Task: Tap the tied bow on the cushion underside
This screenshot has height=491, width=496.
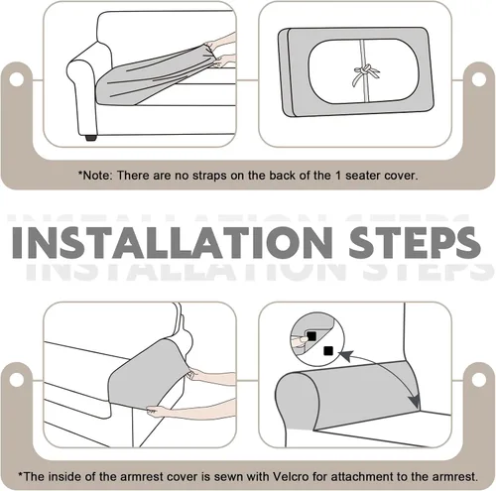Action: tap(365, 73)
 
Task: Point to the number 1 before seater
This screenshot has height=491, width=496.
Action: tap(338, 175)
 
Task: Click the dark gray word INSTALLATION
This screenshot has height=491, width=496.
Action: tap(172, 242)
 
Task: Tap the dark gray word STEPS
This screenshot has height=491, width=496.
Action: tap(415, 242)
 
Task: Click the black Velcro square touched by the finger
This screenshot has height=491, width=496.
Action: tap(311, 336)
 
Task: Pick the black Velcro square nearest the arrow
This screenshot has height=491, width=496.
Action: tap(328, 351)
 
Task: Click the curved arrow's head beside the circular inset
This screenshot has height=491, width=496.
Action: tap(344, 356)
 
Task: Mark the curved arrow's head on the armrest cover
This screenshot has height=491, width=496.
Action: tap(415, 402)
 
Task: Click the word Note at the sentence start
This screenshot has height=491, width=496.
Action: tap(97, 176)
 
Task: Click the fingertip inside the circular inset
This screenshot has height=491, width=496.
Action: tap(300, 340)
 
